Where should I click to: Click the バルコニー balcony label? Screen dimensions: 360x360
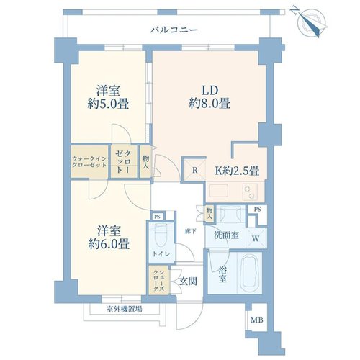[174, 30]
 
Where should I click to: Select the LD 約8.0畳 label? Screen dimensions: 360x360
[210, 97]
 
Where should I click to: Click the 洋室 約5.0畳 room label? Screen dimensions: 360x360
[108, 97]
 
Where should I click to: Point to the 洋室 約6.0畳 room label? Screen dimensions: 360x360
[109, 238]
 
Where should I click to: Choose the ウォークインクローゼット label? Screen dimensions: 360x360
[89, 162]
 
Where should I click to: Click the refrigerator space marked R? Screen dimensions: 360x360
[194, 170]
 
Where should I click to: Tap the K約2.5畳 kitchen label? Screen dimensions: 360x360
[237, 171]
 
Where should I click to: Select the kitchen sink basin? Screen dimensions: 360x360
[220, 192]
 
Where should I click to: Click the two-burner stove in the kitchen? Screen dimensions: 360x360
[251, 192]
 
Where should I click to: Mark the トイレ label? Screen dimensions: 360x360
[161, 254]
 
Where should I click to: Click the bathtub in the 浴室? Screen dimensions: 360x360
[250, 272]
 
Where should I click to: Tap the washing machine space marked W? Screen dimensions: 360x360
[256, 238]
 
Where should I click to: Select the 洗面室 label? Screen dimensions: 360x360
[226, 235]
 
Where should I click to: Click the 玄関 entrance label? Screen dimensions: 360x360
[188, 282]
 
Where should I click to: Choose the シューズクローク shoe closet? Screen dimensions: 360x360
[159, 280]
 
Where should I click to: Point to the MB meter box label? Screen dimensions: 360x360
[257, 320]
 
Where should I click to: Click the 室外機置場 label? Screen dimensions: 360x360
[124, 310]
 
